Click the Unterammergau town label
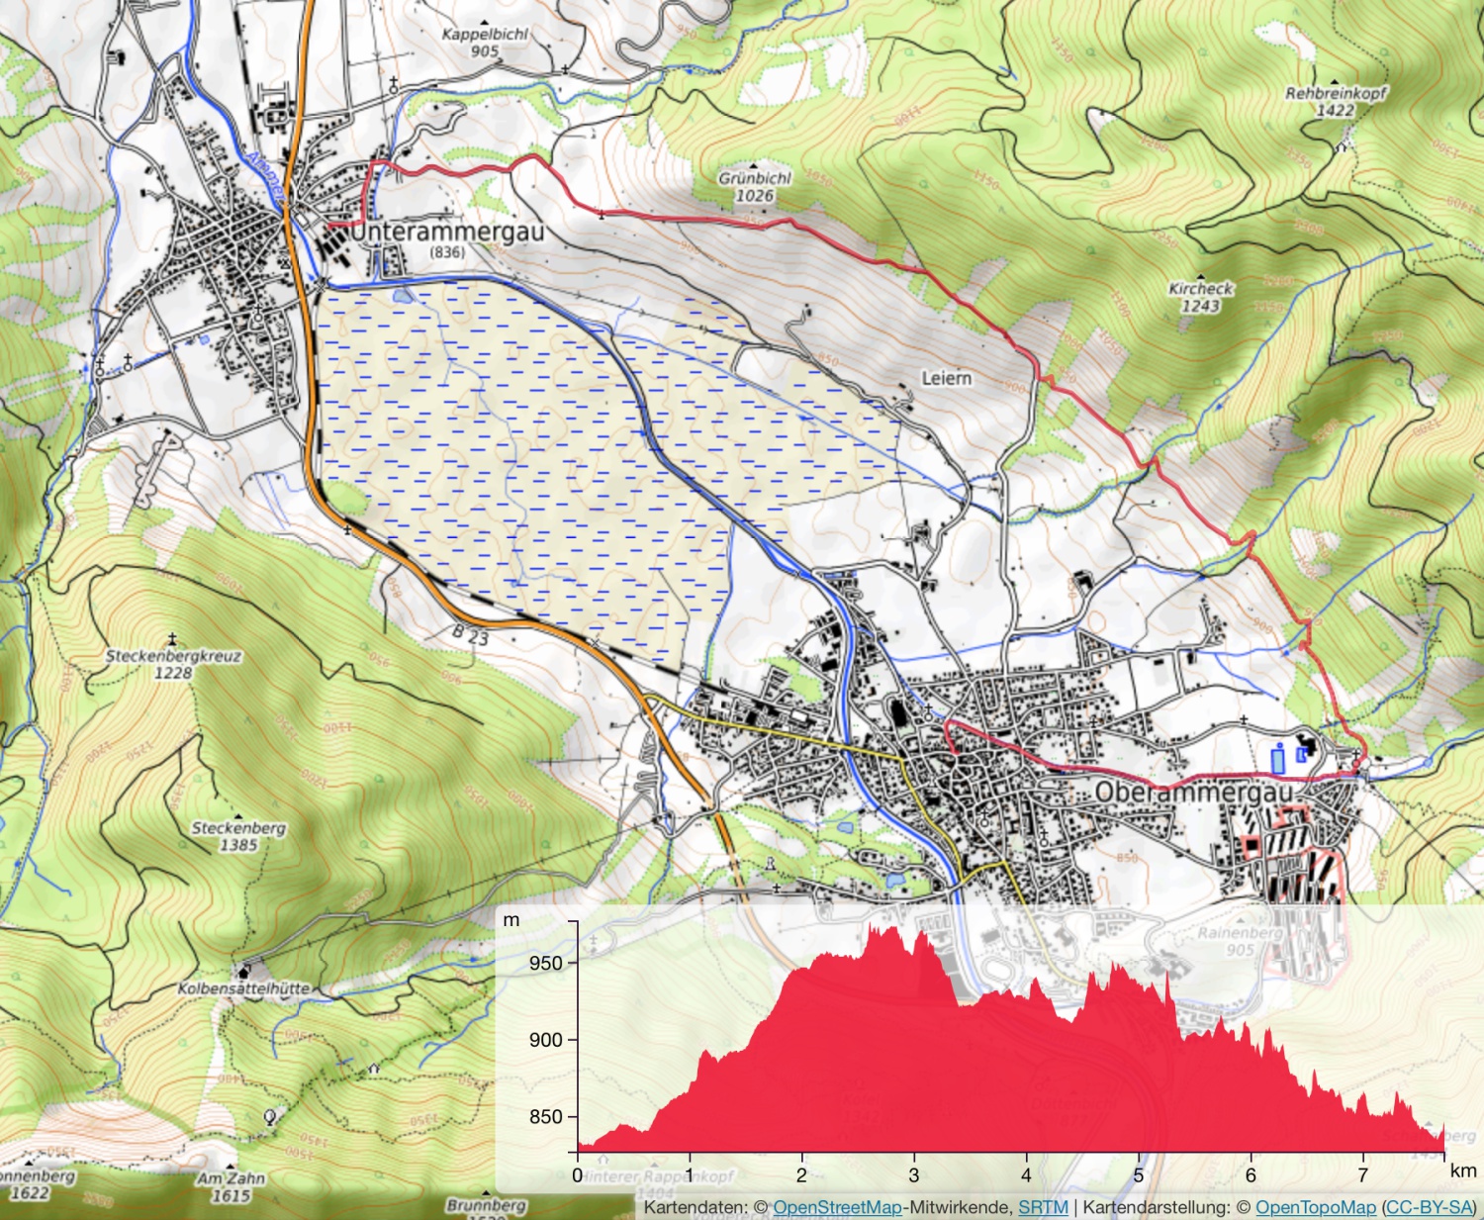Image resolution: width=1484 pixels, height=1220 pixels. (447, 233)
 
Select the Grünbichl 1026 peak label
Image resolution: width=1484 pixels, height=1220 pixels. (755, 187)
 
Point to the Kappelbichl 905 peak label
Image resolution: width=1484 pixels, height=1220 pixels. (485, 42)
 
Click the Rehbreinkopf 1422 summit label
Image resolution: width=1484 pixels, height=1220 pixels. (1336, 101)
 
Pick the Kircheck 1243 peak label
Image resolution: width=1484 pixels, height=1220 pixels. (1201, 297)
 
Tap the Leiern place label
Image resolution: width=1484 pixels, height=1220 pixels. (946, 378)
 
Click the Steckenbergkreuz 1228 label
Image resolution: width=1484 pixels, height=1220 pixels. (173, 664)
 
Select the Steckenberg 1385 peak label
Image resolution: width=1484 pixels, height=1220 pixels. (238, 836)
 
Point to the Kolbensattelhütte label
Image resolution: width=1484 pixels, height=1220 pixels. (243, 988)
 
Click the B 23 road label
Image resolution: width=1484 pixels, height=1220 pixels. (471, 634)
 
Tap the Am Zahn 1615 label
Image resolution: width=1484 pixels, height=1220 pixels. (231, 1186)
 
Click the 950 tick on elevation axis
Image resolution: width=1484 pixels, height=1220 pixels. (545, 963)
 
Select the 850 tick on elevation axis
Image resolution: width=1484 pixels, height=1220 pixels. (545, 1116)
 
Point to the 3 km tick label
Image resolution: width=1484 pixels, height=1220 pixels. (914, 1175)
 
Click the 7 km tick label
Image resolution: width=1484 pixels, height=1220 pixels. (1362, 1175)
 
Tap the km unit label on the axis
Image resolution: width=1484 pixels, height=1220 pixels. (1463, 1172)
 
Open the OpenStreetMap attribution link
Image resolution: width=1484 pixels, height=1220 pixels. (837, 1207)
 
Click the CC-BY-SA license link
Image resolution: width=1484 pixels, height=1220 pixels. (1430, 1207)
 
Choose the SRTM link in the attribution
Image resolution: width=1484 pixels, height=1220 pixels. (1043, 1207)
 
